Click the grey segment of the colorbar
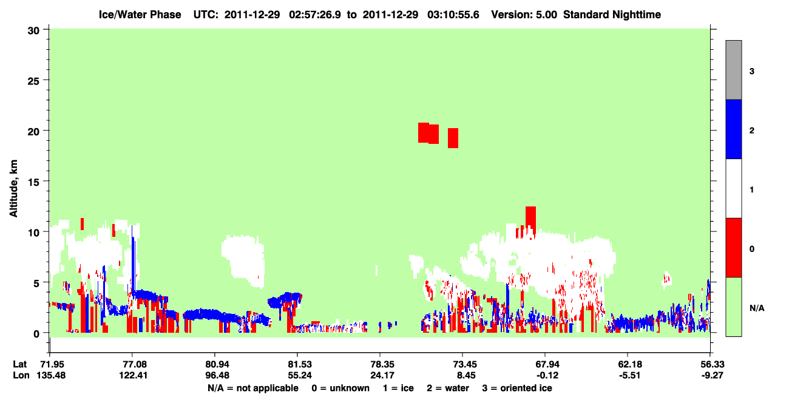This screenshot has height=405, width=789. click(733, 70)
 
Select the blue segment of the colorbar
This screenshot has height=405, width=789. click(733, 129)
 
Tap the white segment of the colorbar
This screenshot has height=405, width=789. click(733, 188)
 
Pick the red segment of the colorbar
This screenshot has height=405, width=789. click(733, 248)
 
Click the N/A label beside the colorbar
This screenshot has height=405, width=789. click(757, 308)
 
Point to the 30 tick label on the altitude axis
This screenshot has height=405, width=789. click(33, 31)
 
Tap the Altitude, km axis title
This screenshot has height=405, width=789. click(13, 189)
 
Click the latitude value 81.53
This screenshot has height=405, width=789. click(300, 364)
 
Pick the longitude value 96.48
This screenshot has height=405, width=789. click(217, 375)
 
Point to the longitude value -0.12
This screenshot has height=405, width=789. click(547, 375)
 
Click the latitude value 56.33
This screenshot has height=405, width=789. click(712, 364)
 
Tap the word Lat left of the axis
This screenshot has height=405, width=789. click(19, 364)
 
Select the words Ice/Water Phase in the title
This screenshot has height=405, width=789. click(140, 15)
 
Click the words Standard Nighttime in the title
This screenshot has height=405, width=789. click(612, 15)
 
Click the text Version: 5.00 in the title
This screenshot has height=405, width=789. click(524, 15)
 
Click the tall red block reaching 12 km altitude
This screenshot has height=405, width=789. click(530, 220)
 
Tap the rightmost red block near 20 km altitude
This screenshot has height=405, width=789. click(453, 138)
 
